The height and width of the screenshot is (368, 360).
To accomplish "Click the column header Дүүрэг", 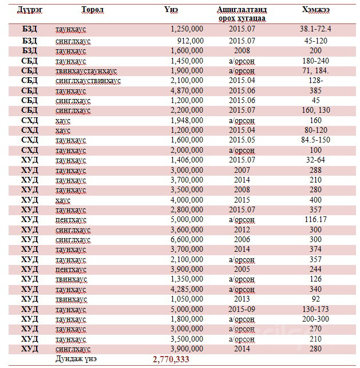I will tap(29, 9).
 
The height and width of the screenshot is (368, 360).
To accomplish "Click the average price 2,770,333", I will tap(171, 358).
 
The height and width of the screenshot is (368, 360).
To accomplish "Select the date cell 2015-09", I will tap(242, 308).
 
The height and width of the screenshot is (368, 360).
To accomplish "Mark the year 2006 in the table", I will tap(242, 239).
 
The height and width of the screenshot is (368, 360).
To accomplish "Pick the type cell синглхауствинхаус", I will tap(88, 81).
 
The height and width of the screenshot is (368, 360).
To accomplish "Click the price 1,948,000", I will tap(187, 120).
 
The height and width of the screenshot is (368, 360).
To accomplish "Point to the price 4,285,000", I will tap(187, 288).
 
